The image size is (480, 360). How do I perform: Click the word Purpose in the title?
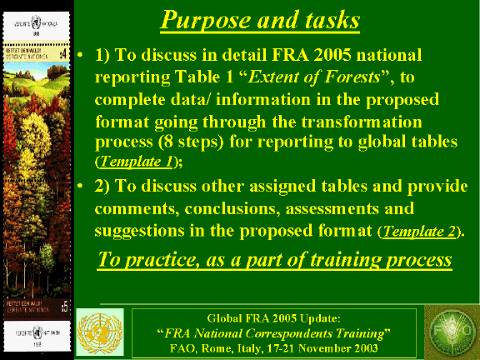pos(201,19)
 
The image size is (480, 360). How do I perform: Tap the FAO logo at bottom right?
pos(450,332)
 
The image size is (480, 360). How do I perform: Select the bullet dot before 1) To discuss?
pos(81,57)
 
